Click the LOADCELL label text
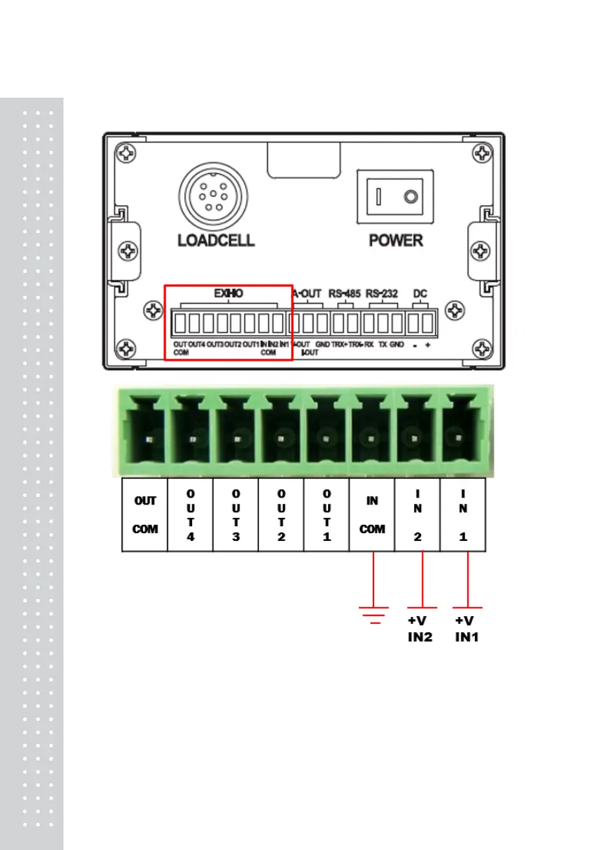pyautogui.click(x=216, y=241)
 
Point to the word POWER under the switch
pyautogui.click(x=396, y=241)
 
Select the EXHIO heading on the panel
pyautogui.click(x=228, y=294)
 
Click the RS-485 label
pyautogui.click(x=344, y=294)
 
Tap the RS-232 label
pyautogui.click(x=382, y=294)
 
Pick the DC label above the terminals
pyautogui.click(x=420, y=294)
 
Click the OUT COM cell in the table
pyautogui.click(x=145, y=515)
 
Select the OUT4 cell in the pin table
pyautogui.click(x=191, y=515)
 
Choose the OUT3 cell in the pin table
pyautogui.click(x=236, y=515)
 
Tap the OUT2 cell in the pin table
pyautogui.click(x=281, y=515)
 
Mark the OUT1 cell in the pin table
pyautogui.click(x=326, y=515)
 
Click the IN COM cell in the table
pyautogui.click(x=372, y=515)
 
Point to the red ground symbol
pyautogui.click(x=374, y=613)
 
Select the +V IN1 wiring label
pyautogui.click(x=466, y=628)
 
